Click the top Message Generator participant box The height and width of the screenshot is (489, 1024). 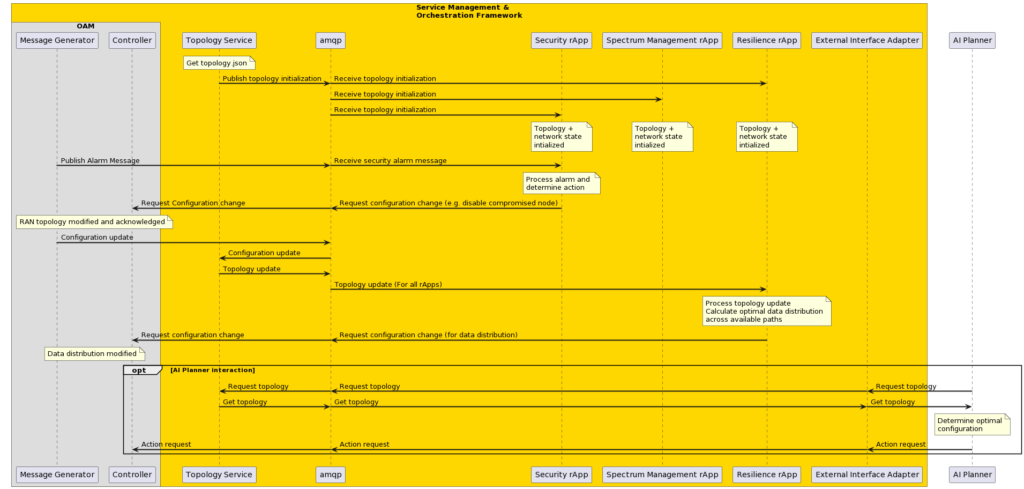[57, 40]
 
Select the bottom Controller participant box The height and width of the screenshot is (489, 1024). [132, 475]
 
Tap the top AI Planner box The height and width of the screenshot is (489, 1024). [972, 40]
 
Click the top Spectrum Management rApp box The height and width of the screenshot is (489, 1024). [662, 40]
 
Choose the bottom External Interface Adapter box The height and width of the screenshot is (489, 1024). [867, 475]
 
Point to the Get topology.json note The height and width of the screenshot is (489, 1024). [219, 63]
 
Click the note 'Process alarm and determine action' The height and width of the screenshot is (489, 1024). [562, 183]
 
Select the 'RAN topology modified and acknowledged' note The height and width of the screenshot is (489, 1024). [94, 222]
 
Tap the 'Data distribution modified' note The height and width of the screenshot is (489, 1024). [95, 354]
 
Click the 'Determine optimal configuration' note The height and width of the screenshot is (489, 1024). [972, 425]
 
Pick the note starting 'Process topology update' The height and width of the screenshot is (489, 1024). [767, 311]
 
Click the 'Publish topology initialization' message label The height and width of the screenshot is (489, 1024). [272, 79]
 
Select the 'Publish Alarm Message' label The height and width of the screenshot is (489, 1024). [100, 161]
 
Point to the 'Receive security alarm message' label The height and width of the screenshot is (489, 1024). [390, 161]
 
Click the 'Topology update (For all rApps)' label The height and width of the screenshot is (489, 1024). [388, 285]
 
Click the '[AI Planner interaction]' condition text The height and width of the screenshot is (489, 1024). [213, 370]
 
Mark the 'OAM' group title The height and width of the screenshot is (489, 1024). [86, 26]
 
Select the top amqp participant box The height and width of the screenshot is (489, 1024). [331, 40]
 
